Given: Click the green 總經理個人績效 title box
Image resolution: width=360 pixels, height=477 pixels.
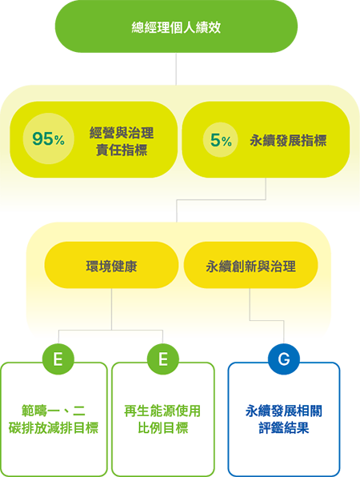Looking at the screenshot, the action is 176,26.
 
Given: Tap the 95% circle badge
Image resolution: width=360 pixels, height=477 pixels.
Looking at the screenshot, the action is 48,138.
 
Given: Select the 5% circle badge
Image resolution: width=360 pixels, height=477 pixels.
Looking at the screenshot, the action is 221,140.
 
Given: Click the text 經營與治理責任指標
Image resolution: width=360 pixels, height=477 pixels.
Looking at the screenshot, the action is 122,142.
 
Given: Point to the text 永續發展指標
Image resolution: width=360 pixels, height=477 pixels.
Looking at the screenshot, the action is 288,141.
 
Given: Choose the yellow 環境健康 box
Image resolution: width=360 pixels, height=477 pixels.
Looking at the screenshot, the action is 111,265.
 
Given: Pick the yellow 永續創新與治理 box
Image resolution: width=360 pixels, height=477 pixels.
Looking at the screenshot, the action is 251,265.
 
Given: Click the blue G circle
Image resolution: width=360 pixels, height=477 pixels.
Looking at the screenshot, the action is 284,359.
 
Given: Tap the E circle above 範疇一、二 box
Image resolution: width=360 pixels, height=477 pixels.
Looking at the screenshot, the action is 58,359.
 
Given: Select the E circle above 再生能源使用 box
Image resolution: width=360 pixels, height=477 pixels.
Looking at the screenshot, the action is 163,359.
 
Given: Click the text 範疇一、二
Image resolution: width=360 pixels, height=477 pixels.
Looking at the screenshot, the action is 54,411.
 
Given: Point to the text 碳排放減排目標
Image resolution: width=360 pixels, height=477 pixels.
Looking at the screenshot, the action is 54,427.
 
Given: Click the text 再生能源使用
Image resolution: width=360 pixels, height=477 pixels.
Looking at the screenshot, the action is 162,411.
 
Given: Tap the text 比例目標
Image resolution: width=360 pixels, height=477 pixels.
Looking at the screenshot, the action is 163,427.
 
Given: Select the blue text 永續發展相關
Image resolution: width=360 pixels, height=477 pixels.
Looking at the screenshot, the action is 284,411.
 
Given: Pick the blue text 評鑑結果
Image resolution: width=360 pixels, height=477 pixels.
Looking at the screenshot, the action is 284,427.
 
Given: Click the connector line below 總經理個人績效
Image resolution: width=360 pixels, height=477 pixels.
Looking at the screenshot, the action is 176,69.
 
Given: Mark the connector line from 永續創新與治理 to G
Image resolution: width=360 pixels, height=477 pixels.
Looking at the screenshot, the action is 266,320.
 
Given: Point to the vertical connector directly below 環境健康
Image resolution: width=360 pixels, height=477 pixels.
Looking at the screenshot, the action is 111,309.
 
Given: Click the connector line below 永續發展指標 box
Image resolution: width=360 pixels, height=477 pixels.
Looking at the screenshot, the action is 222,199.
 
